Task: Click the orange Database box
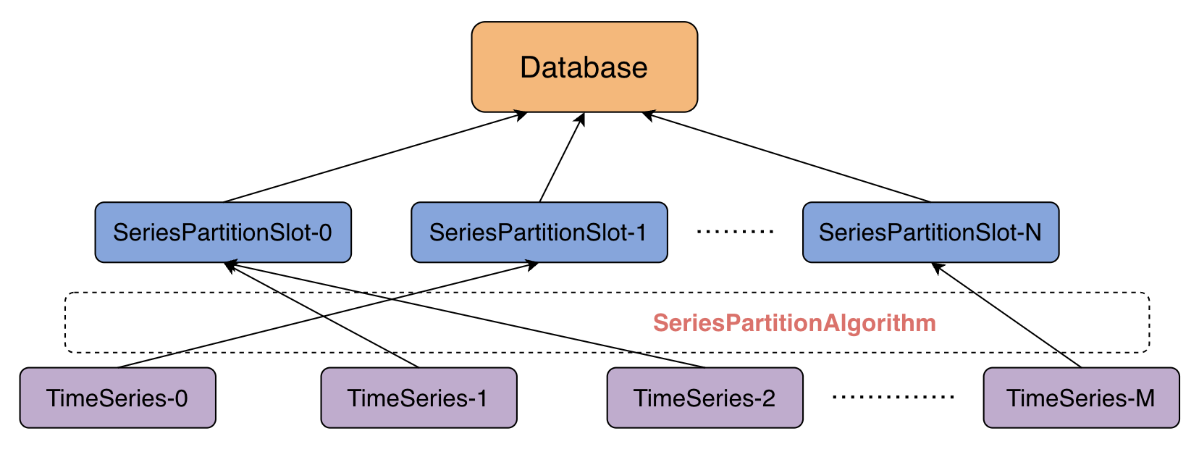click(x=584, y=67)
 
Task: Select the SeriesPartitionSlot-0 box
click(x=222, y=233)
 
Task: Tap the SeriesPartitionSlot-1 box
click(x=539, y=233)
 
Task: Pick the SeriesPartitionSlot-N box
click(x=930, y=233)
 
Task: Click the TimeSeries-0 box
click(x=117, y=398)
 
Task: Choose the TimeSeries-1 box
click(x=418, y=398)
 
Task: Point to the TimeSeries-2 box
click(x=704, y=398)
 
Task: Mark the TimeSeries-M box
click(x=1081, y=398)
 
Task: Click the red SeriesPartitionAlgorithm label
click(x=794, y=323)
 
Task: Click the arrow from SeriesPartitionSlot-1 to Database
click(x=562, y=158)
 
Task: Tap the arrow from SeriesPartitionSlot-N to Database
click(x=786, y=157)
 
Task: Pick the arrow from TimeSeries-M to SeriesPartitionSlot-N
click(x=1006, y=315)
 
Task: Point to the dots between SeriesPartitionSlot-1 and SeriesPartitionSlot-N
click(x=735, y=232)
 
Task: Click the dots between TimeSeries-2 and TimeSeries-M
click(x=893, y=397)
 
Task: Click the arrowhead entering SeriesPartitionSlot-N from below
click(x=938, y=268)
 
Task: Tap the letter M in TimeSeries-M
click(x=1145, y=398)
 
